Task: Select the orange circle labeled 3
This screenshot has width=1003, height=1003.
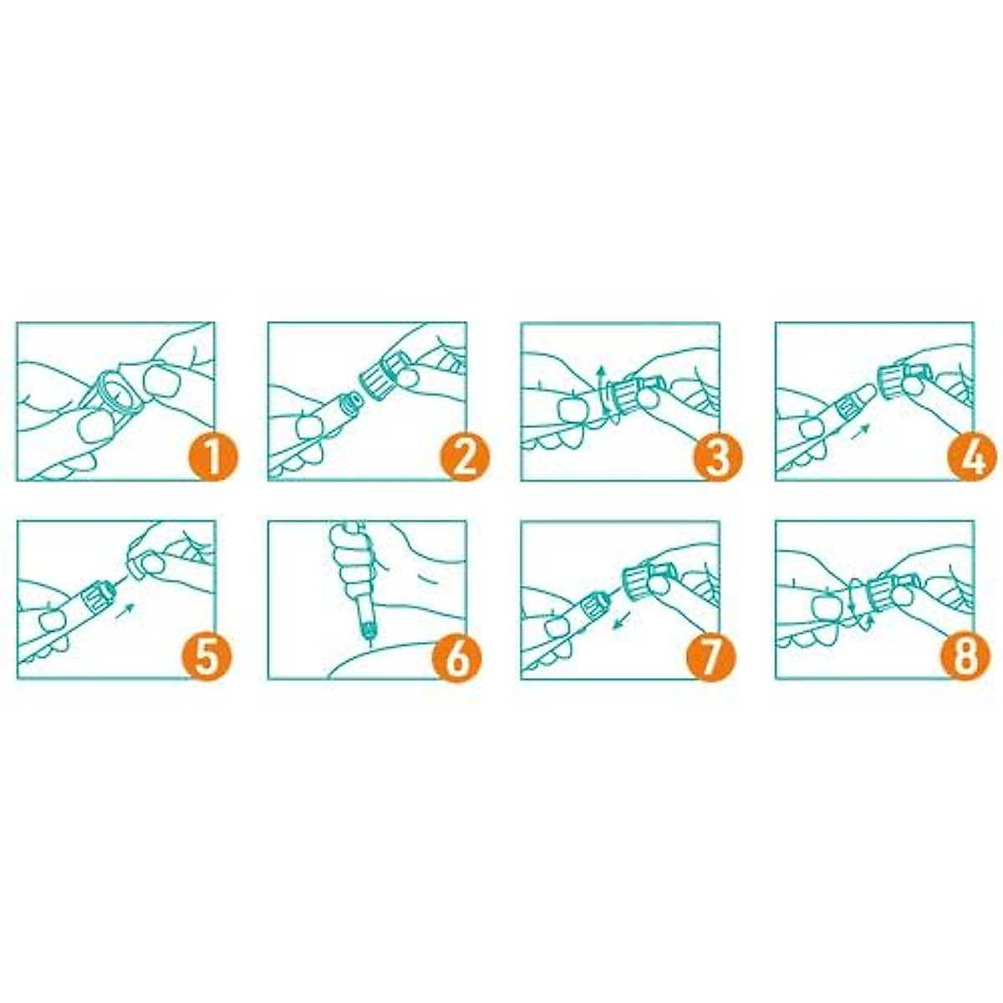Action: pos(717,457)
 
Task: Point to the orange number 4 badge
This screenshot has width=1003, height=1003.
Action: pos(971,457)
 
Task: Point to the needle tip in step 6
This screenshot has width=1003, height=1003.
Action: pos(369,644)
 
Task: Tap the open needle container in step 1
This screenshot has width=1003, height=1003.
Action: pos(115,395)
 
